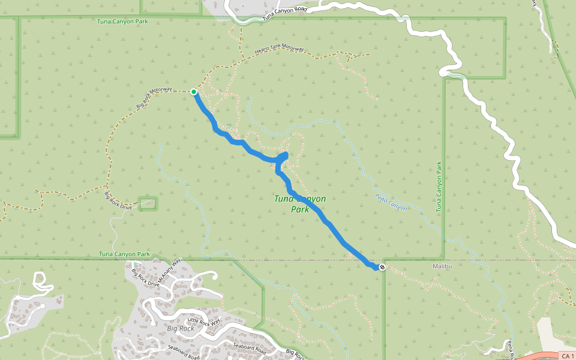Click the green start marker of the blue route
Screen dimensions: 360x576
(194, 92)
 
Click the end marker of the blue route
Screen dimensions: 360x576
(382, 266)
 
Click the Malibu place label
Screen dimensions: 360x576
(441, 266)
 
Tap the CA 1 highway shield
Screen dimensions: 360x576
(566, 356)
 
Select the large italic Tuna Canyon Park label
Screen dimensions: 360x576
(299, 204)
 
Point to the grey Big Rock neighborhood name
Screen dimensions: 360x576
(180, 329)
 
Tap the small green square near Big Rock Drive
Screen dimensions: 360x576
(148, 203)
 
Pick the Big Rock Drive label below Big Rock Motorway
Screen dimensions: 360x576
(118, 200)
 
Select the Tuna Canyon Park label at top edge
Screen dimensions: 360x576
(122, 22)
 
